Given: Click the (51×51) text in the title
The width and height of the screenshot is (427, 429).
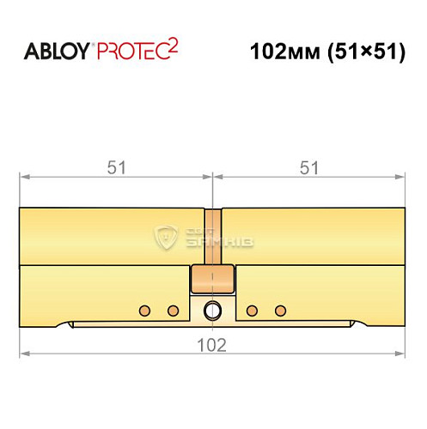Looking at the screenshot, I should point(364,51).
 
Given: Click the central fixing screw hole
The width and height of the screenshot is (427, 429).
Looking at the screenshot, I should point(212,310).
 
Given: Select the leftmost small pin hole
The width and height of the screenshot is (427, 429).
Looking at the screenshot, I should point(145,309).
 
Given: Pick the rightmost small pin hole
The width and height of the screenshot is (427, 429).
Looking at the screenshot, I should point(278,309).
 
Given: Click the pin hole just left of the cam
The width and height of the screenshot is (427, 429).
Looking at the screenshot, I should point(172,309).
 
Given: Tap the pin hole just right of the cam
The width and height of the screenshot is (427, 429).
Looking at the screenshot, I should point(252,309).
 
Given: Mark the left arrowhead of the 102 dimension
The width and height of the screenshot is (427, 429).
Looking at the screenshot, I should point(26,353).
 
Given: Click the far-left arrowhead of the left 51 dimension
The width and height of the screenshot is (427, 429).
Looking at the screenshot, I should point(25,178).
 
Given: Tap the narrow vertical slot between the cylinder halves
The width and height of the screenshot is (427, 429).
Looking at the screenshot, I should point(212,236).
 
